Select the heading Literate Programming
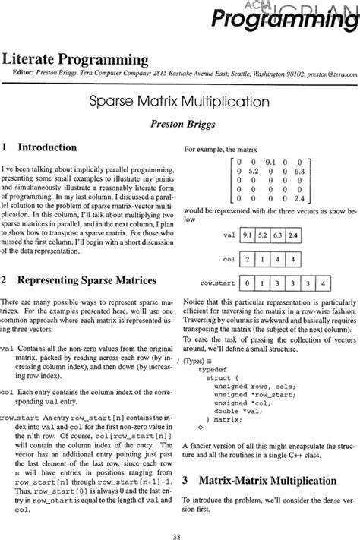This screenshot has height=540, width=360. click(75, 59)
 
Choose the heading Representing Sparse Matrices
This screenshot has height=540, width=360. click(79, 280)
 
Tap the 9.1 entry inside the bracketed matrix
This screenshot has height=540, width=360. click(270, 161)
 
